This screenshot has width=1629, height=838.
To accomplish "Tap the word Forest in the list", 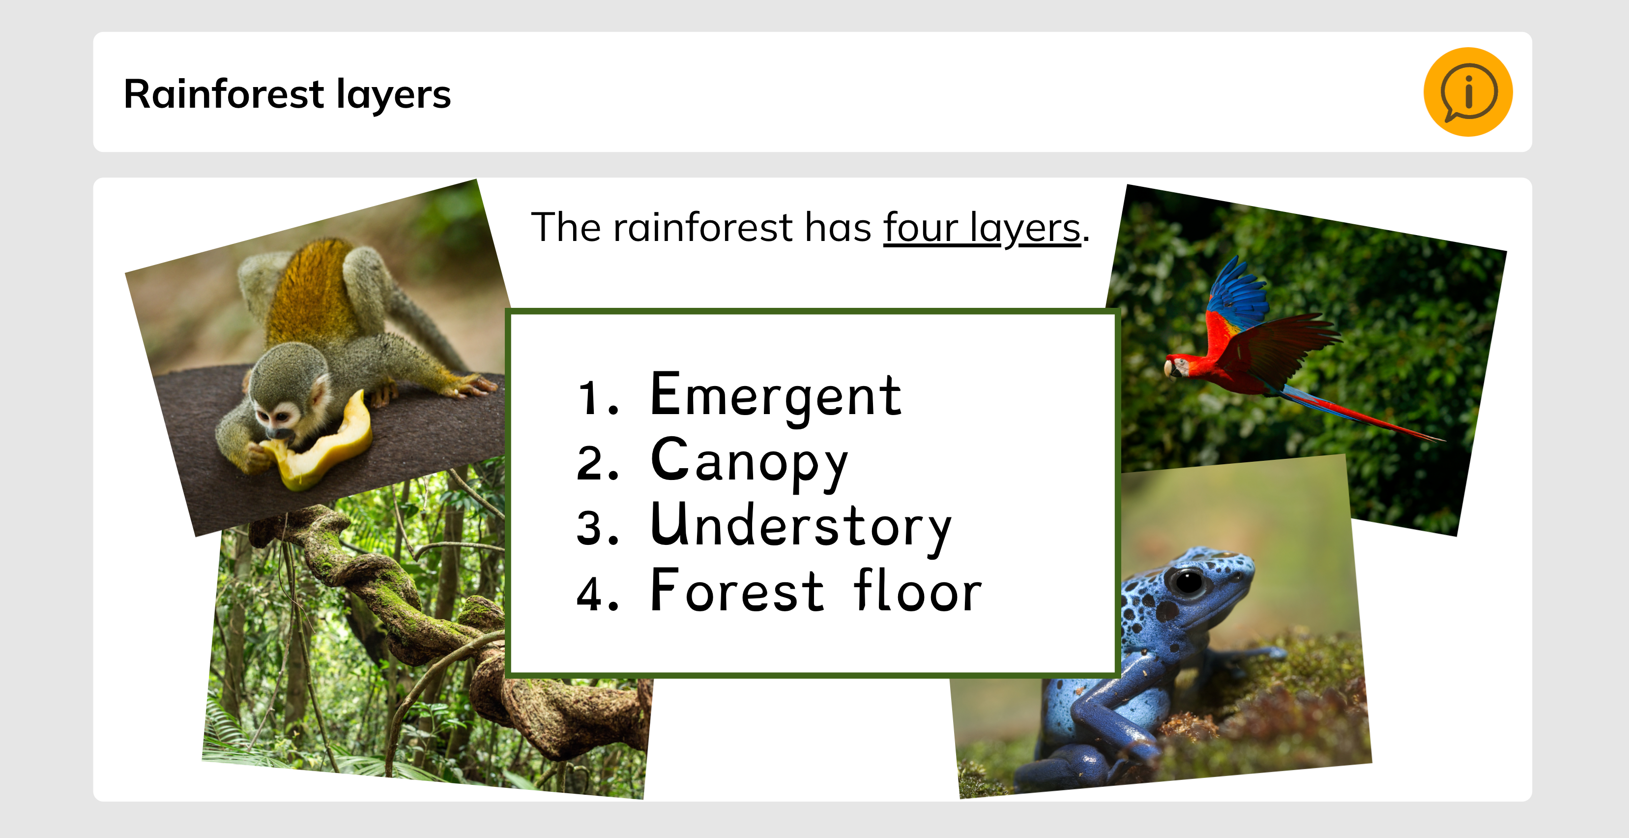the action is pyautogui.click(x=737, y=590).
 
